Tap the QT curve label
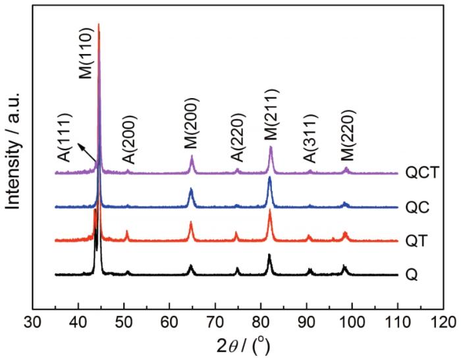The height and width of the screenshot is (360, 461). pos(416,241)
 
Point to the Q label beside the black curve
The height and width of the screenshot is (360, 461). pos(412,274)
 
